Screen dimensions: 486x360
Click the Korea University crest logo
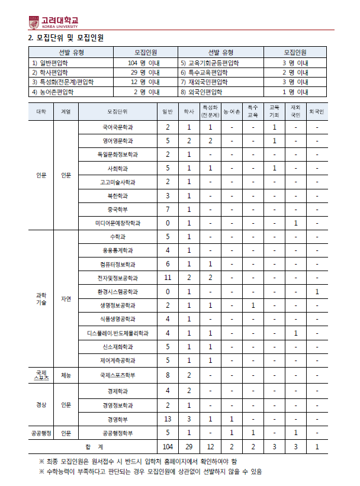pyautogui.click(x=34, y=22)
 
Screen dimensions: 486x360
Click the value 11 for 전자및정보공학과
pyautogui.click(x=168, y=278)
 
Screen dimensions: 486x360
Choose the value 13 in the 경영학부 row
pyautogui.click(x=168, y=419)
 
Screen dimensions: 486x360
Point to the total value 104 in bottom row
pyautogui.click(x=168, y=447)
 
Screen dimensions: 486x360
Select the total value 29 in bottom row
pyautogui.click(x=189, y=447)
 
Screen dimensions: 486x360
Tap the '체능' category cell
pyautogui.click(x=66, y=375)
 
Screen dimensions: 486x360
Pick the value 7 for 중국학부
pyautogui.click(x=168, y=209)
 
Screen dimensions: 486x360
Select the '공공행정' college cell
pyautogui.click(x=41, y=433)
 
